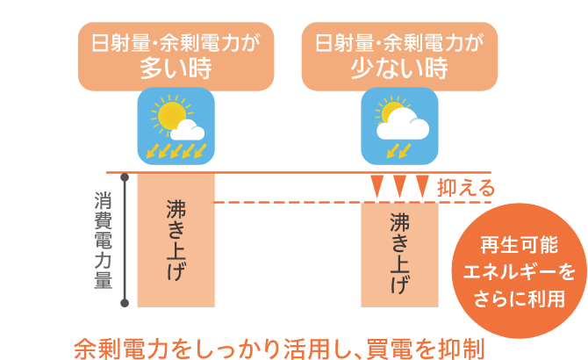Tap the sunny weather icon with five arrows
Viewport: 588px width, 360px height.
coord(176,126)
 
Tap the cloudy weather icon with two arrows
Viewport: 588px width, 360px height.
coord(400,126)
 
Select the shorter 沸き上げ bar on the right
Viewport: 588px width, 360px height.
coord(400,255)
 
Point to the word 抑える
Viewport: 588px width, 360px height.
coord(466,187)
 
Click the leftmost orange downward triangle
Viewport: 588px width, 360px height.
coord(376,185)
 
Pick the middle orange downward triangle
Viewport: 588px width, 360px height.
coord(399,185)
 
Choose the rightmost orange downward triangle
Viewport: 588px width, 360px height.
coord(422,185)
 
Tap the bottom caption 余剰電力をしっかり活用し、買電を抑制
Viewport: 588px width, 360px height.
coord(279,345)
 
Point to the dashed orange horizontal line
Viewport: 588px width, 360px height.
coord(290,203)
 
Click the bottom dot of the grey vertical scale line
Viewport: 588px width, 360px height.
coord(127,304)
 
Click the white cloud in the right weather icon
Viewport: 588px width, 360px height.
coord(404,126)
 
